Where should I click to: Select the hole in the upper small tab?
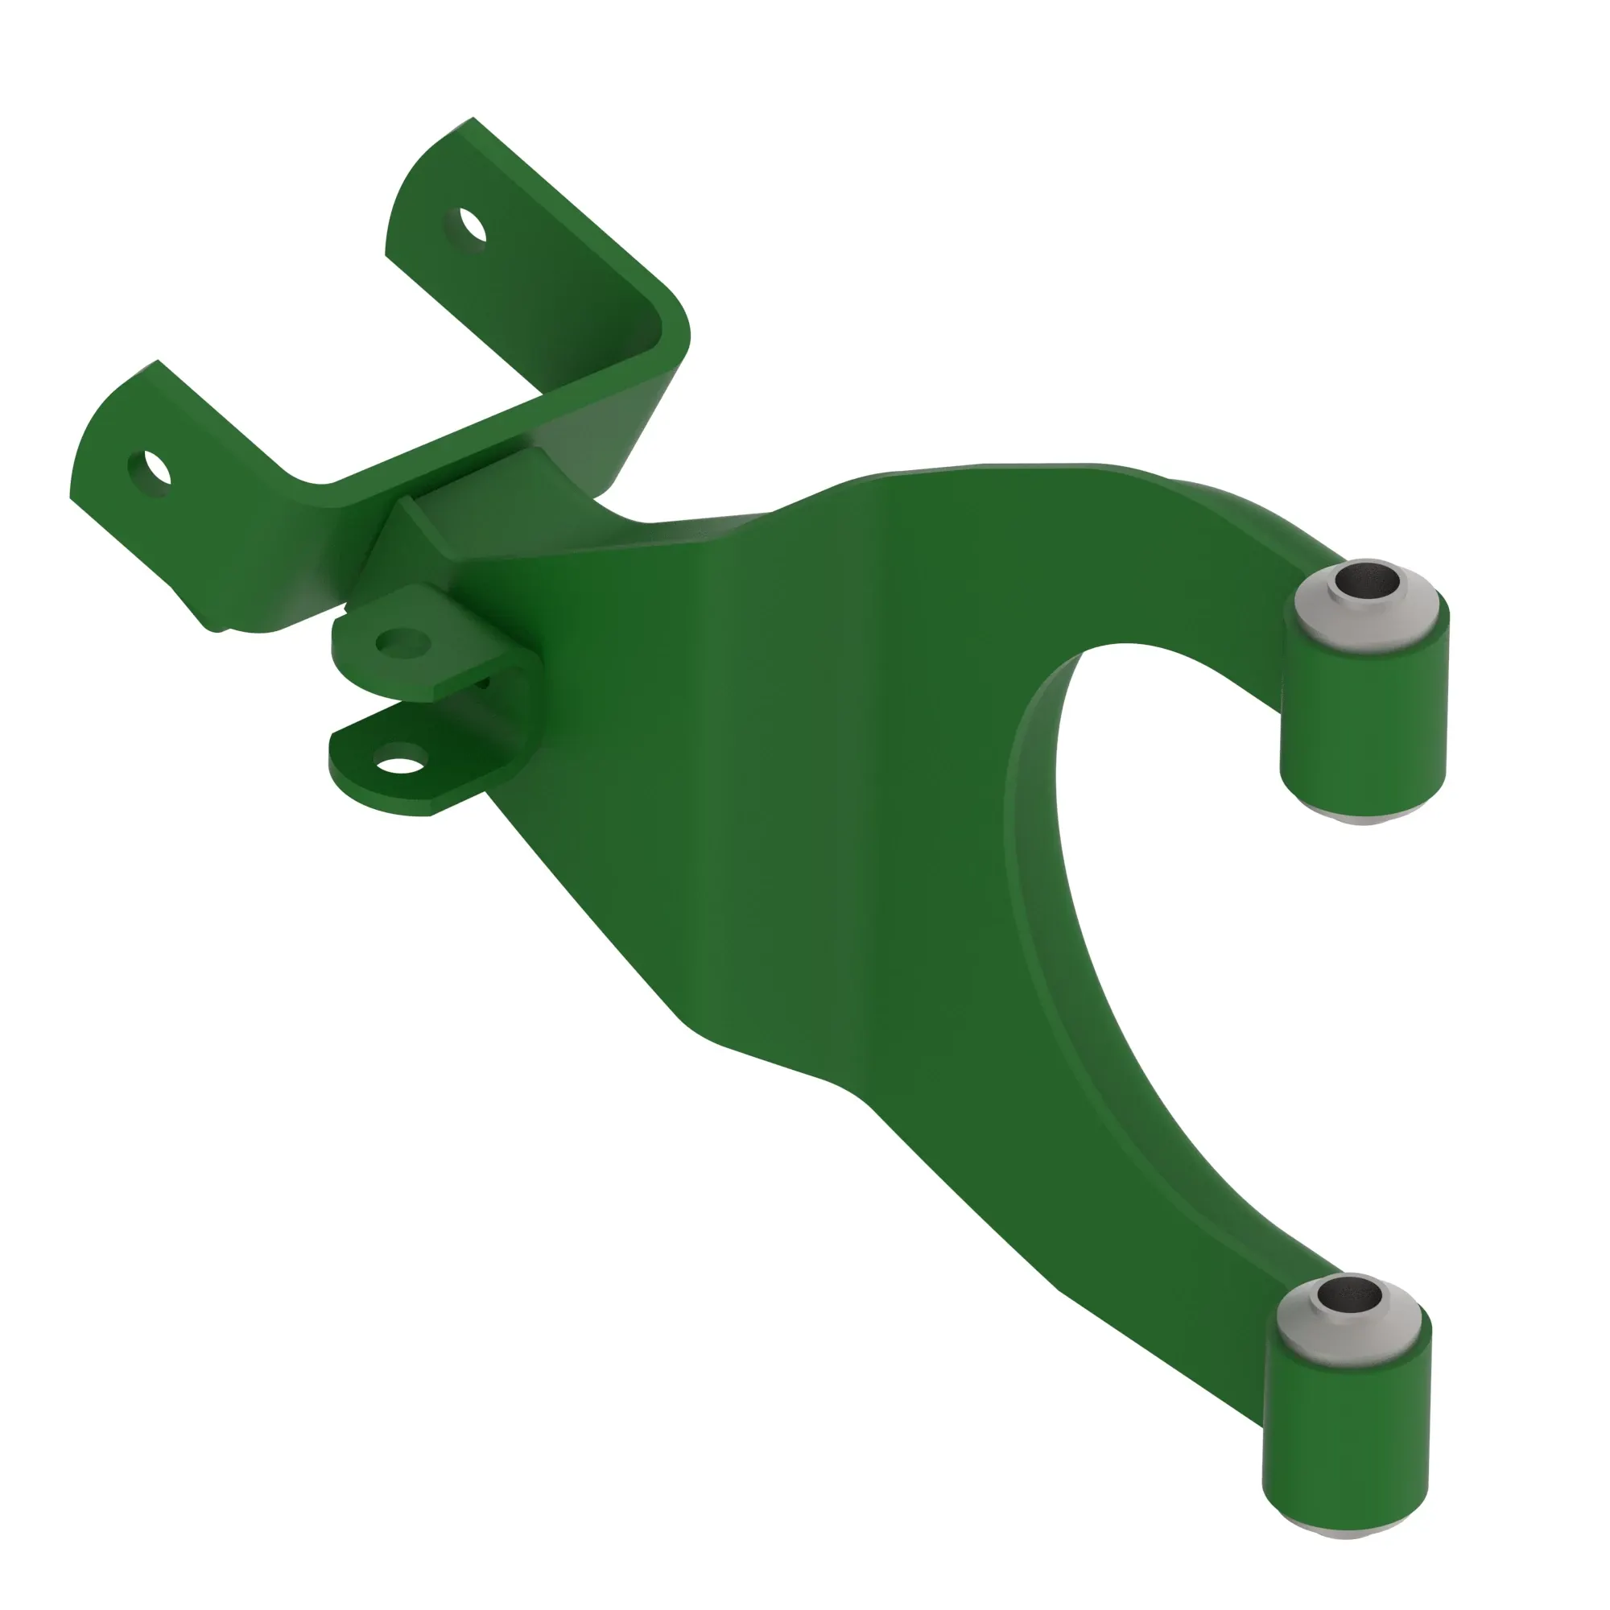(x=402, y=642)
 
